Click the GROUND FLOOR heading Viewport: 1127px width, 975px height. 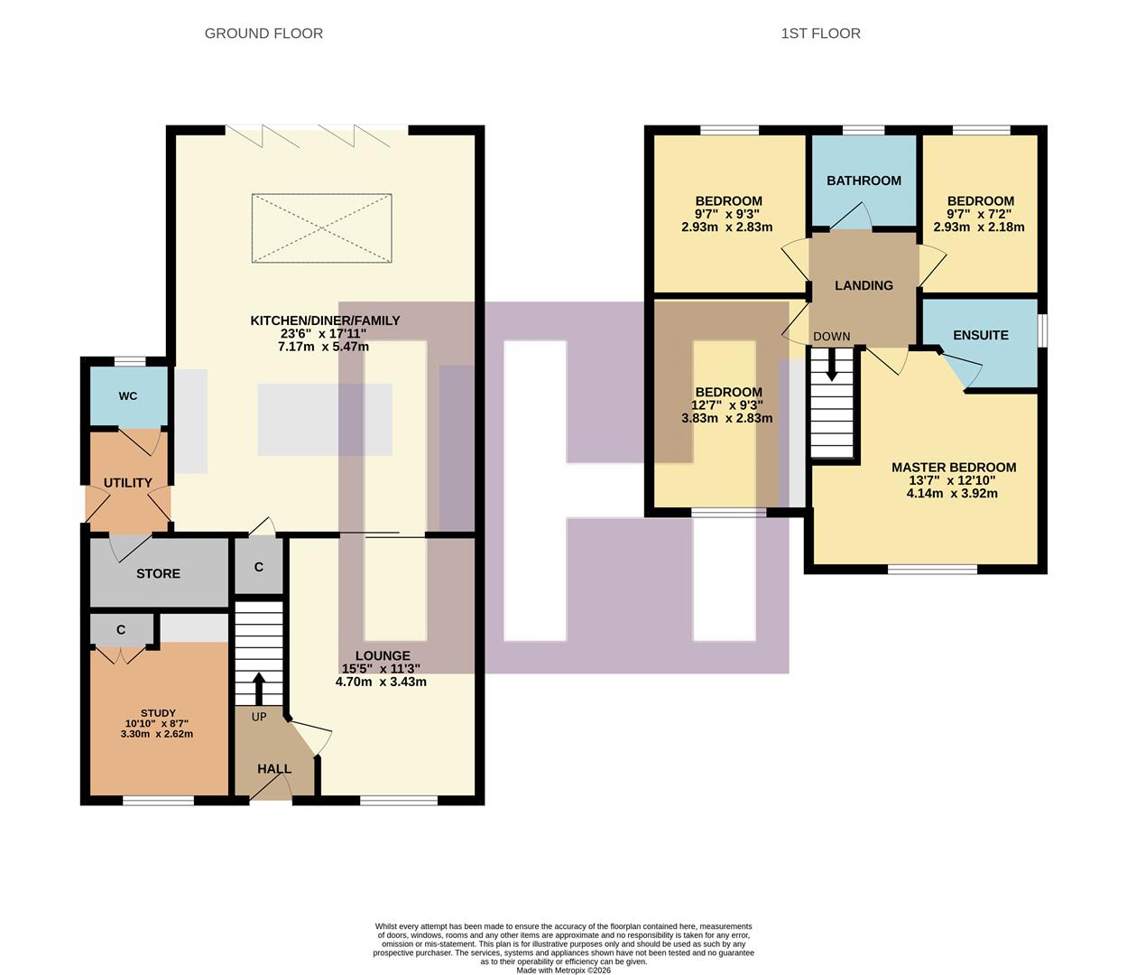[x=263, y=33]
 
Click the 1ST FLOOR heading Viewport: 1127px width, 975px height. [x=820, y=33]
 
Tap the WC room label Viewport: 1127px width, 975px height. [x=128, y=396]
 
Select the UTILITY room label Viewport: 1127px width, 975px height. [x=128, y=483]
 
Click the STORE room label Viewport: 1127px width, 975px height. [x=158, y=573]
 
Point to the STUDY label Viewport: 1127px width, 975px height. [x=158, y=712]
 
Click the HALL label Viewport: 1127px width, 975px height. [x=274, y=769]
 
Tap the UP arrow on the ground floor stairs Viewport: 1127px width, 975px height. [x=259, y=689]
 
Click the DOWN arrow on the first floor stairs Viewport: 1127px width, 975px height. [x=831, y=366]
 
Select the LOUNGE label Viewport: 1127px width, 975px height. [x=383, y=655]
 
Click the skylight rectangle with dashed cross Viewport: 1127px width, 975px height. [x=322, y=228]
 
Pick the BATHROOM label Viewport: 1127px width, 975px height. [x=864, y=181]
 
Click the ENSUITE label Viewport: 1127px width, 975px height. [x=981, y=335]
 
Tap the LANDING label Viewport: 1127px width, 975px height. [x=864, y=285]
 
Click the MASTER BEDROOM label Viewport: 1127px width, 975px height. [x=954, y=468]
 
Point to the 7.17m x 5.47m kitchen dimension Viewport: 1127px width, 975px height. [x=323, y=347]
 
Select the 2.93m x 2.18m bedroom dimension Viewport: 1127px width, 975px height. [x=979, y=227]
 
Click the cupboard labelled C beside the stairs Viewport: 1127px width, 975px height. [x=259, y=567]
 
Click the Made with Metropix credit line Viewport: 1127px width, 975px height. [x=563, y=970]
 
